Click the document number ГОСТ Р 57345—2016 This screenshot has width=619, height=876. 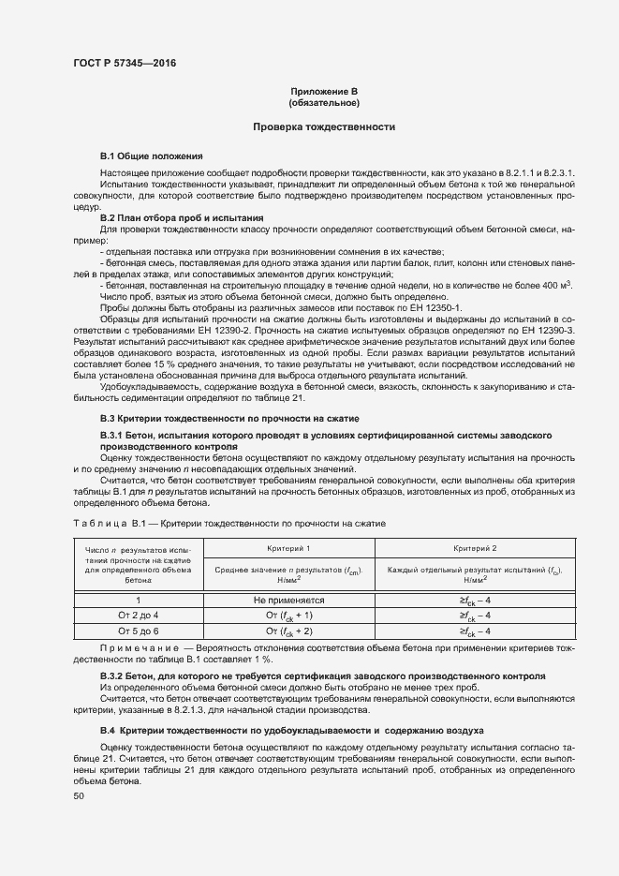pyautogui.click(x=124, y=63)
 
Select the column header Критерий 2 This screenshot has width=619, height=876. pyautogui.click(x=475, y=546)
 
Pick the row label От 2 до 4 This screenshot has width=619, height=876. pyautogui.click(x=138, y=615)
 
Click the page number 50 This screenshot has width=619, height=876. pyautogui.click(x=79, y=795)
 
